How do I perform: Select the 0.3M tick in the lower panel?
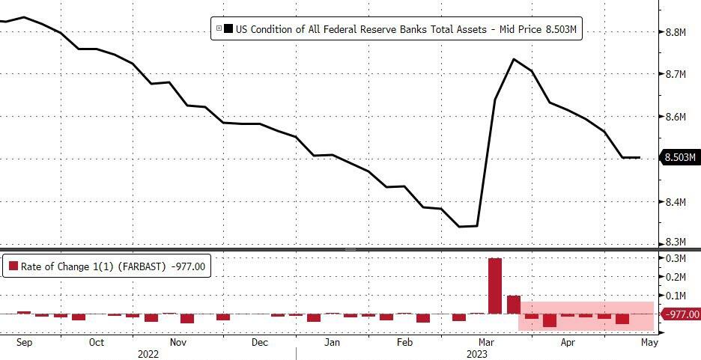click(676, 258)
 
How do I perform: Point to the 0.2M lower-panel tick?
click(676, 277)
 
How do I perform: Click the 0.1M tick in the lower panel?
click(676, 296)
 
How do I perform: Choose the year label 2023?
click(477, 353)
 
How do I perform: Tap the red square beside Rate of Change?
click(13, 266)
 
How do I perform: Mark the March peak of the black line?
click(514, 59)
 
